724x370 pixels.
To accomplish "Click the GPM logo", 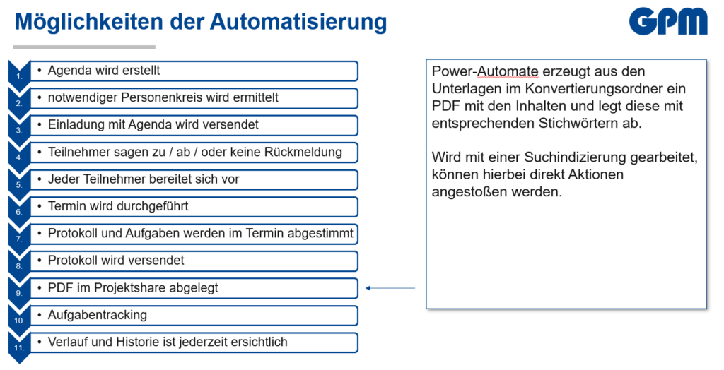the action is (x=668, y=22).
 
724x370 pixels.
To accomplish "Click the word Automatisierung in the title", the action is (x=299, y=22).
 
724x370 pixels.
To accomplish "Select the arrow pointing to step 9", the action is (x=390, y=288).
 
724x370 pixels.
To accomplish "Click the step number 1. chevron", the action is (x=19, y=73).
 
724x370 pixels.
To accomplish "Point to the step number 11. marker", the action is (x=19, y=345).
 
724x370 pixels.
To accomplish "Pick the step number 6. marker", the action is (x=19, y=209).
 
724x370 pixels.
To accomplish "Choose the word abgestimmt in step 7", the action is (x=320, y=234).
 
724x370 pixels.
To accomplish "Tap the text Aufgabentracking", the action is (x=98, y=315).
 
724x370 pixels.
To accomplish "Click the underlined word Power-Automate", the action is (x=485, y=71).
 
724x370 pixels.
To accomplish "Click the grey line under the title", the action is (x=84, y=47).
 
